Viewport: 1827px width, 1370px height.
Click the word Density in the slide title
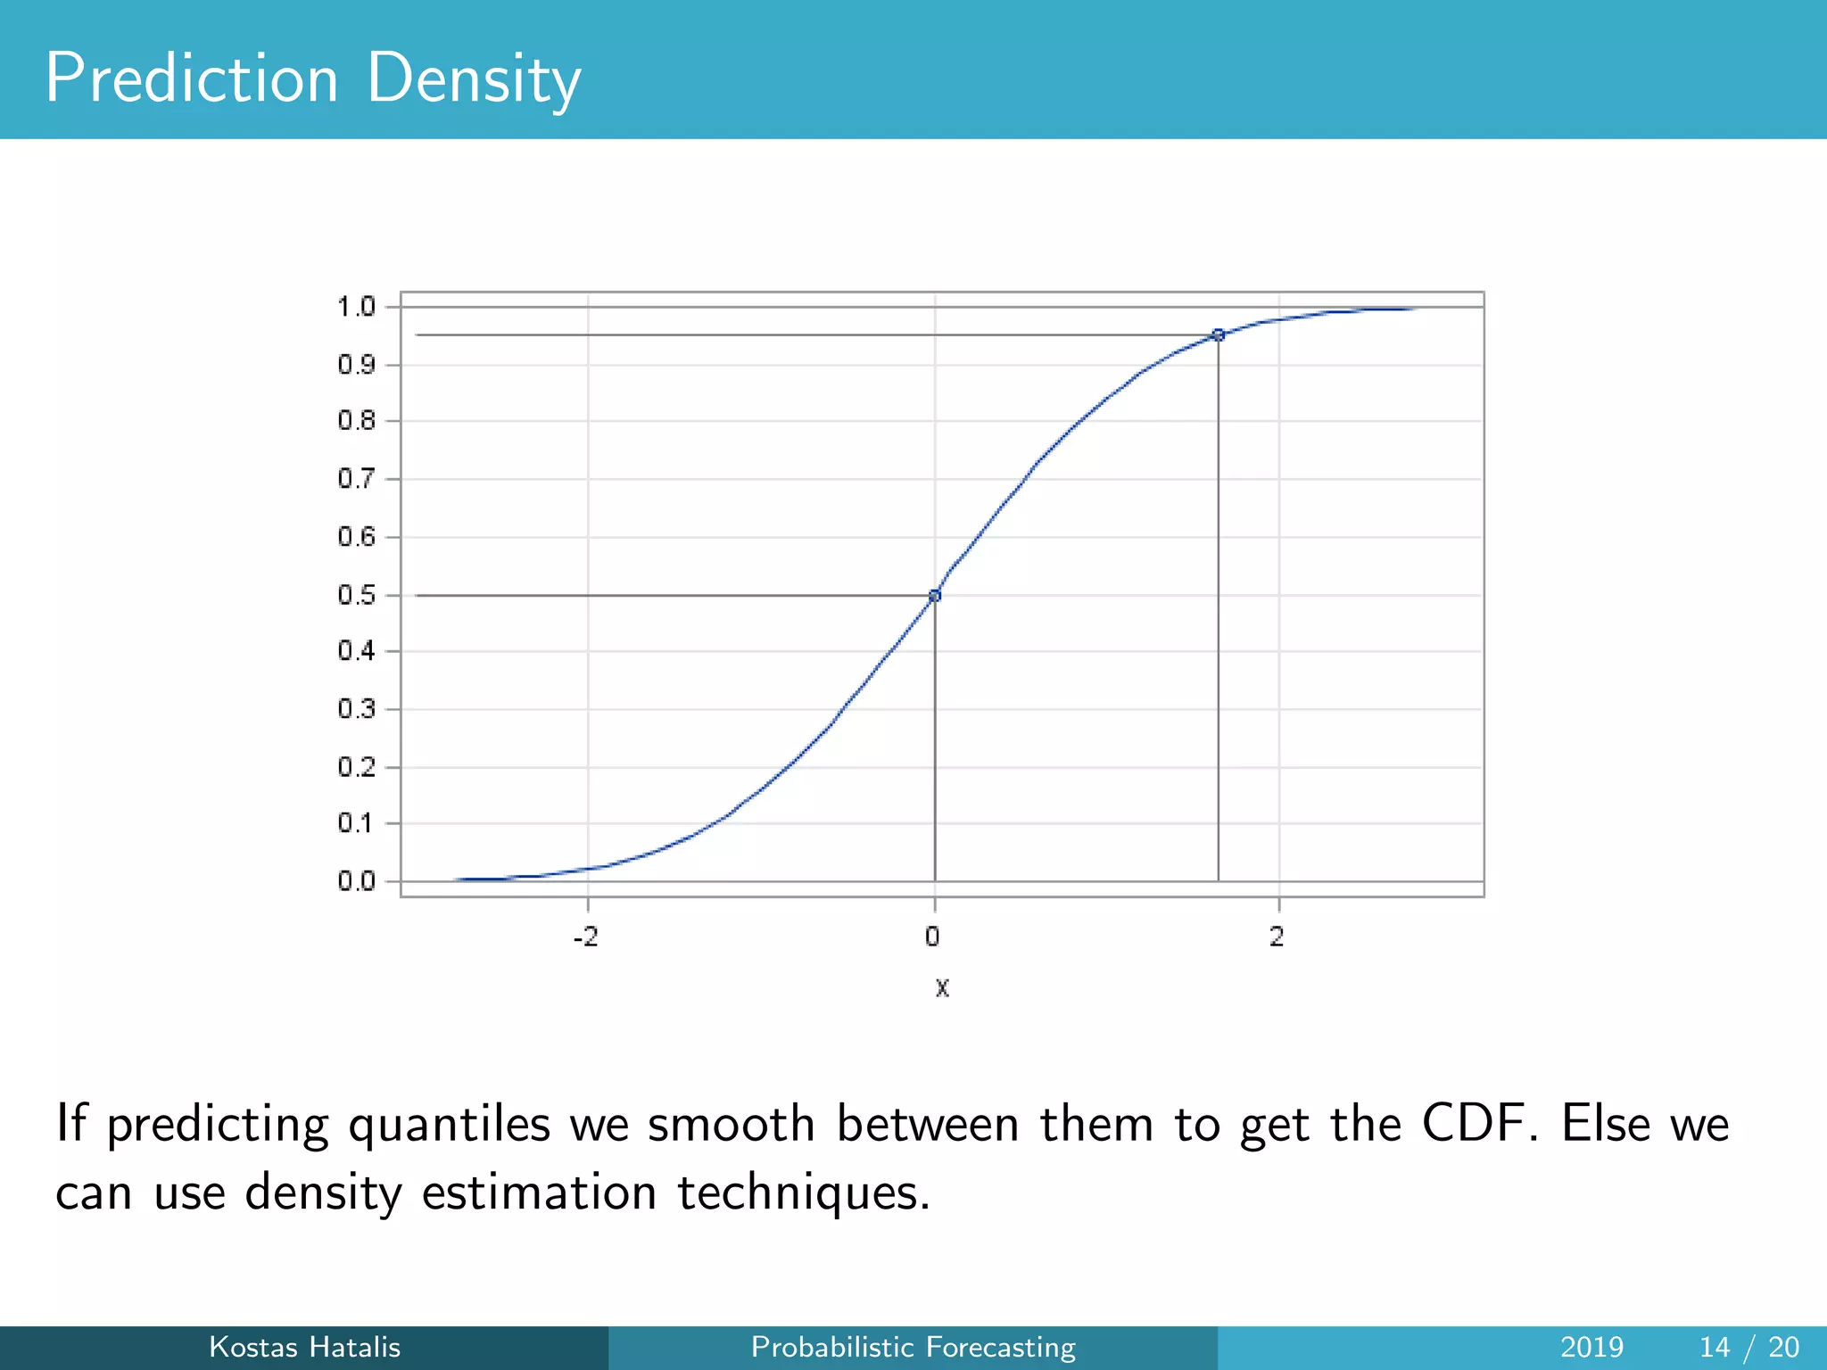coord(473,78)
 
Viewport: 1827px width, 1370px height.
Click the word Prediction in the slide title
coord(192,78)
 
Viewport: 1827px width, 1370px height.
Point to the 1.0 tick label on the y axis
coord(356,308)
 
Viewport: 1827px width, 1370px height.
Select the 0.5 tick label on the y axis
coord(356,596)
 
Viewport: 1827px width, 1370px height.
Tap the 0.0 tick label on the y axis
coord(356,882)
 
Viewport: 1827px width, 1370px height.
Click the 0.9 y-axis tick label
coord(356,365)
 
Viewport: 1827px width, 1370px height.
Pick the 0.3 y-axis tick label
coord(356,710)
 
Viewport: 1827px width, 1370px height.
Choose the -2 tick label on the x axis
coord(585,937)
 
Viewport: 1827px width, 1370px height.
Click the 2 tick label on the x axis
coord(1277,937)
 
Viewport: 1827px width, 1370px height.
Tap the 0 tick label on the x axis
coord(932,937)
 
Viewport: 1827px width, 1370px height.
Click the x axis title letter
coord(942,988)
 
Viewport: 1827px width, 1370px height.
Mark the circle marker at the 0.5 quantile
coord(935,596)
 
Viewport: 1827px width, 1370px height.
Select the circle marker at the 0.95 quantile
coord(1219,335)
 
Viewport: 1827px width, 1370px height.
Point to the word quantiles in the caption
coord(449,1125)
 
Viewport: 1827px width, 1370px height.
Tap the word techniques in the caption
coord(804,1193)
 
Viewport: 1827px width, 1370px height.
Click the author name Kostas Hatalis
coord(304,1347)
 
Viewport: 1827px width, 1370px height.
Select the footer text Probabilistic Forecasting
coord(913,1347)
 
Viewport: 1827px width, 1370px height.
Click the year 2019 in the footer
coord(1591,1347)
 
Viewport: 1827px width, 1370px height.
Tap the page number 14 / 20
coord(1748,1347)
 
